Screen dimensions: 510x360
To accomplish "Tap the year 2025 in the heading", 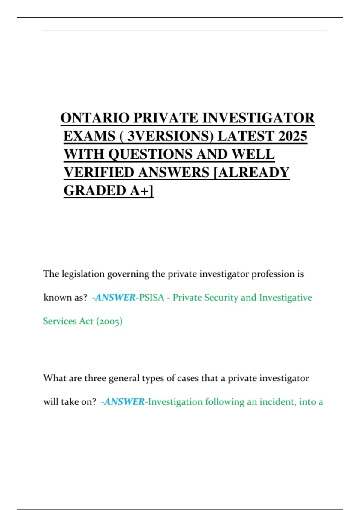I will tap(292, 136).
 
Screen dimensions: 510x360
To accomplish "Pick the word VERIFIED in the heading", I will tap(99, 172).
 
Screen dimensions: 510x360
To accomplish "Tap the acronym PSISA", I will tap(151, 298).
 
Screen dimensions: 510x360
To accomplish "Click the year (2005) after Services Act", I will tap(109, 321).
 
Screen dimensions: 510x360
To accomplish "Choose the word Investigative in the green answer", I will tap(286, 298).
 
